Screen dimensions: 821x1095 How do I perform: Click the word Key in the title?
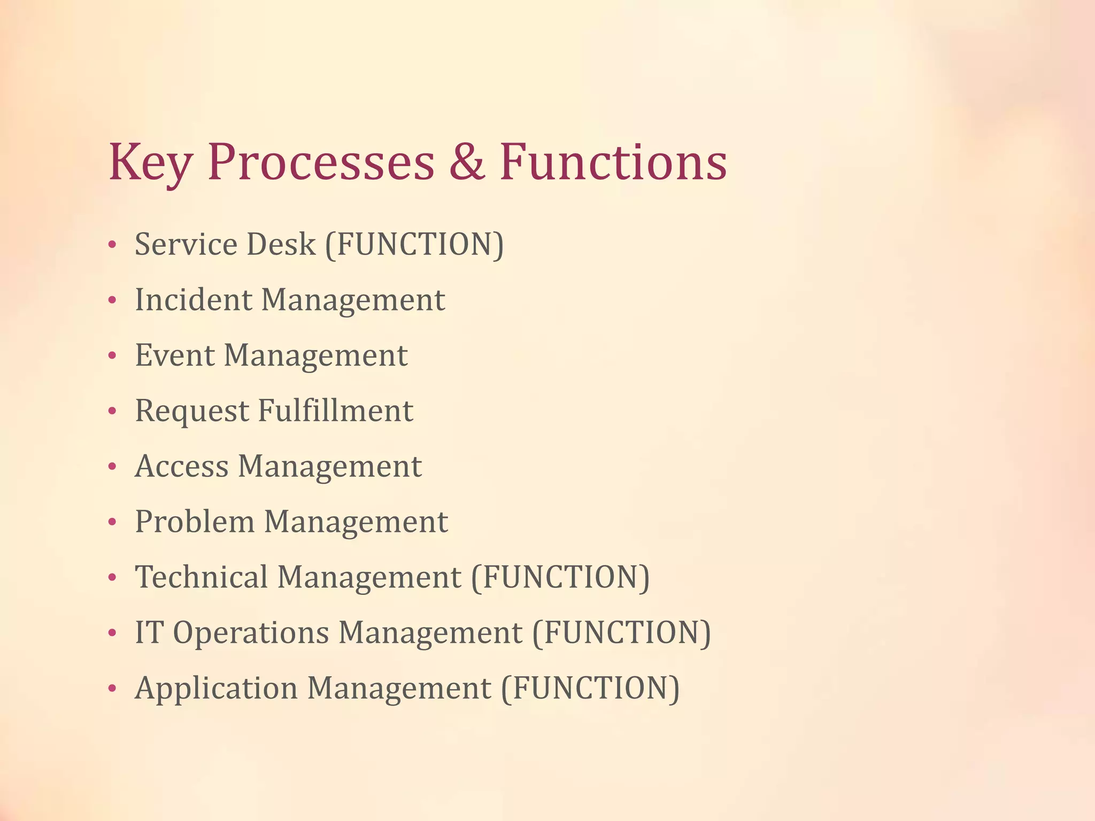click(149, 162)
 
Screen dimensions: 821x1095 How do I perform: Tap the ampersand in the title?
click(467, 161)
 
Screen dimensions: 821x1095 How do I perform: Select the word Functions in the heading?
click(613, 161)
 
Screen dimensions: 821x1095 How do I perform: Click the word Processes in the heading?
click(321, 162)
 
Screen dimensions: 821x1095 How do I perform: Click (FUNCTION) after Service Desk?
click(414, 245)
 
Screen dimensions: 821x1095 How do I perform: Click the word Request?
click(191, 412)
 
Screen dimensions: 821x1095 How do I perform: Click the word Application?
click(216, 690)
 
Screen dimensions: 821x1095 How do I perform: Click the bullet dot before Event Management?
click(112, 356)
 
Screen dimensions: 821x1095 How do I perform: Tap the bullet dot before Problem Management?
click(112, 522)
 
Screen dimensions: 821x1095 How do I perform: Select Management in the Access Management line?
click(329, 467)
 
